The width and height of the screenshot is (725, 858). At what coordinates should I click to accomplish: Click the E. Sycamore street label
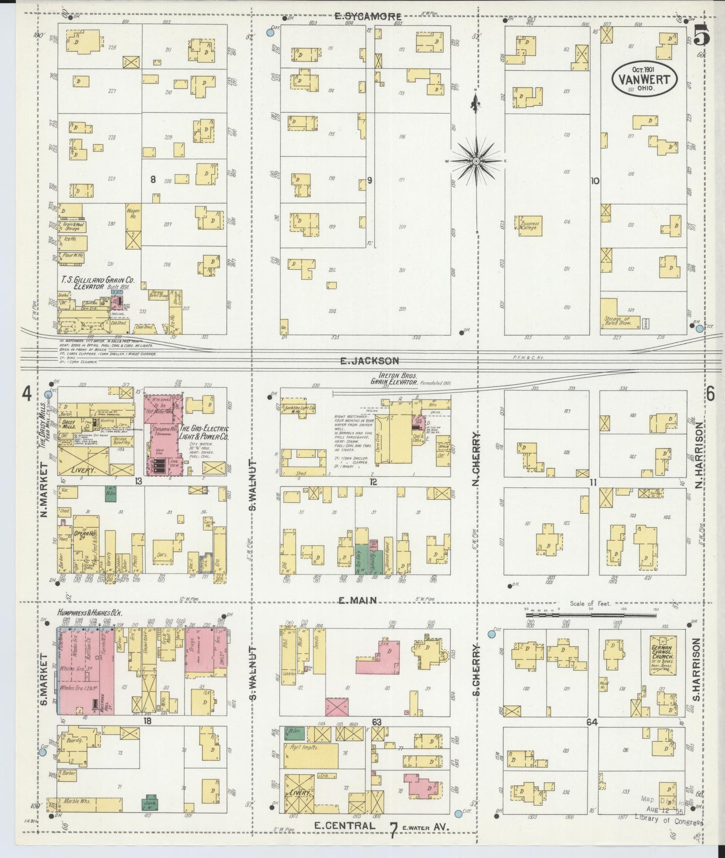pos(367,17)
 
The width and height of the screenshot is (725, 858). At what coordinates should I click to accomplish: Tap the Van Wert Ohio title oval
pos(644,79)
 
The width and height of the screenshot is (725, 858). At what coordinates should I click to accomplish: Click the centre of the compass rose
pos(476,161)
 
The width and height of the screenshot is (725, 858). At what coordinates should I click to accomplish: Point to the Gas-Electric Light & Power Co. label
pos(204,432)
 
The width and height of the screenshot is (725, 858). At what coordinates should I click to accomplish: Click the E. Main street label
pos(357,600)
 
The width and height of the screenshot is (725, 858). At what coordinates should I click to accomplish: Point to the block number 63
pos(377,722)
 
